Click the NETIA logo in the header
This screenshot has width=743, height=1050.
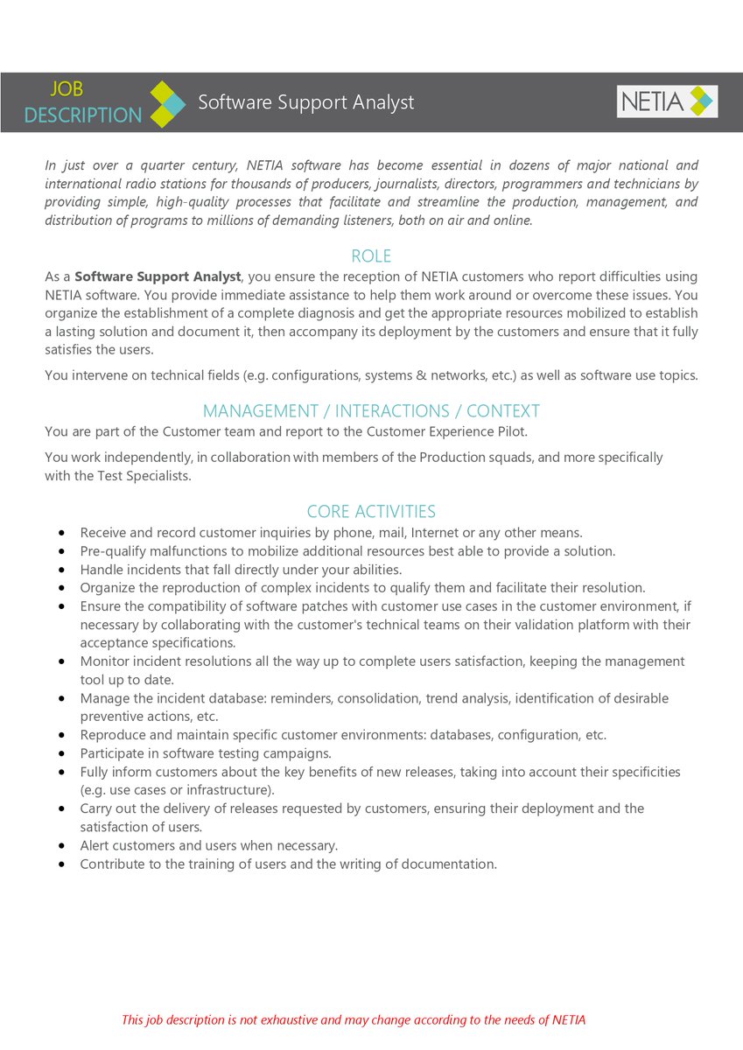point(667,101)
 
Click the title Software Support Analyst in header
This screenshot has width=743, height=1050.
point(305,102)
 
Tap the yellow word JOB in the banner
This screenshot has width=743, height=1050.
point(66,88)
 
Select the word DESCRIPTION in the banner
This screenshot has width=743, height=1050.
point(82,115)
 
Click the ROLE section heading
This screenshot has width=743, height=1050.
point(371,256)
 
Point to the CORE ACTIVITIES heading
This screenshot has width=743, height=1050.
point(371,511)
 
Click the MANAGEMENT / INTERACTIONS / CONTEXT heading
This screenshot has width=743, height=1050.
point(371,410)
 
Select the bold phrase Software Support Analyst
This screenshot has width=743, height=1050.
point(158,276)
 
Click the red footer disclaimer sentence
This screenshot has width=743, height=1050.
point(354,1019)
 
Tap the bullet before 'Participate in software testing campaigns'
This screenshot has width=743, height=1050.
point(62,753)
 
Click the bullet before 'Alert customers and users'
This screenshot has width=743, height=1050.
point(62,846)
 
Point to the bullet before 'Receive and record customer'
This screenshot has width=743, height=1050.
point(62,533)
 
